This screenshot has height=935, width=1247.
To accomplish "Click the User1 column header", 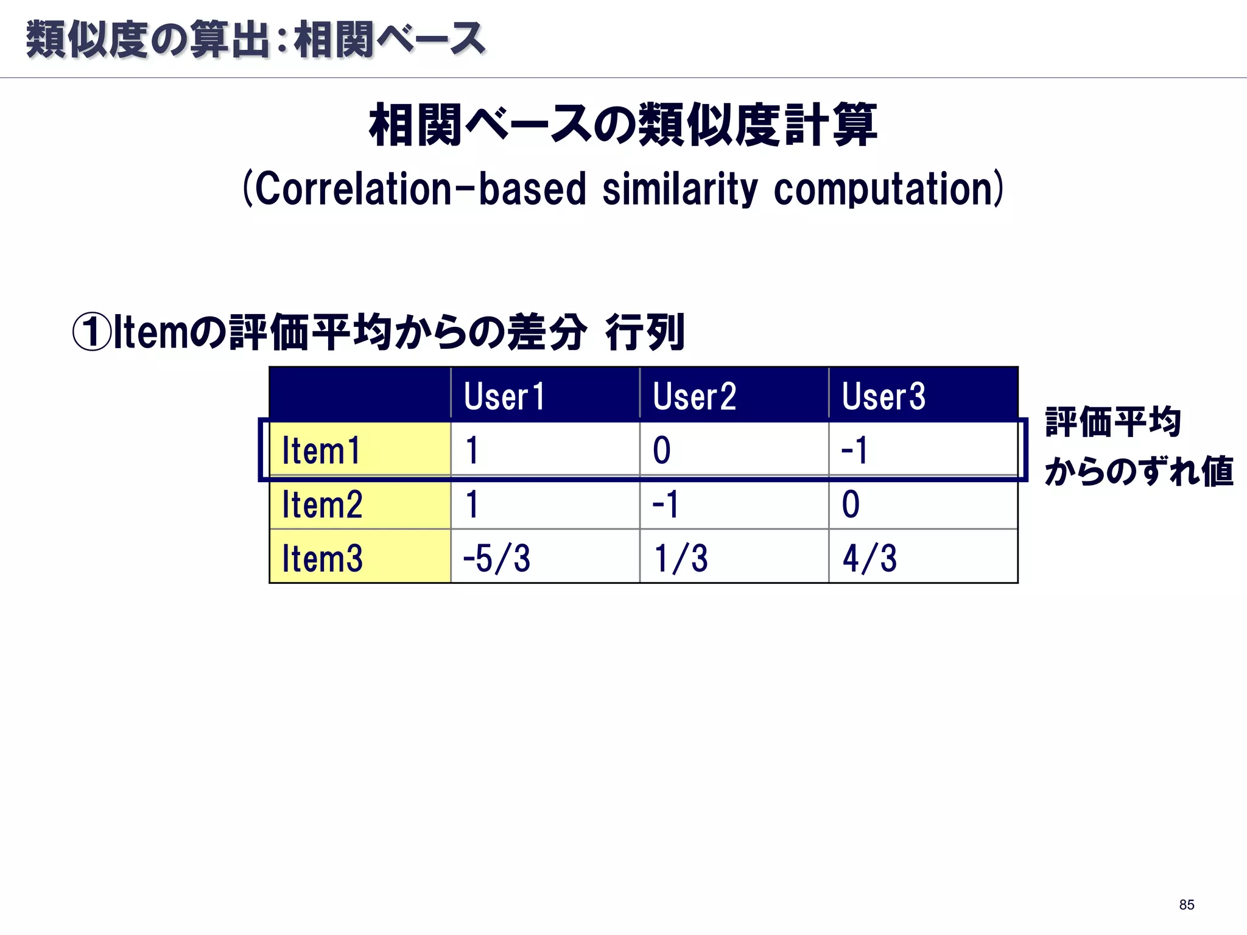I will (504, 396).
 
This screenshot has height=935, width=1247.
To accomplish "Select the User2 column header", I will (694, 396).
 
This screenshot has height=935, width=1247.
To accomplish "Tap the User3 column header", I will (883, 396).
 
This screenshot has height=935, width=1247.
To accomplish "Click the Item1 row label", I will (321, 451).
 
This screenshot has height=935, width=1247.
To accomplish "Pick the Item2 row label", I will (322, 505).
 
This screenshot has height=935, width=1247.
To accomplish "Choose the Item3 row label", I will (322, 558).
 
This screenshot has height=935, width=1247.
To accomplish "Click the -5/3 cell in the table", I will (497, 558).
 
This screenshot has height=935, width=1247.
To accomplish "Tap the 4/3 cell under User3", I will (869, 558).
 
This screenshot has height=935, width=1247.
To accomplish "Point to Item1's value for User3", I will (854, 451).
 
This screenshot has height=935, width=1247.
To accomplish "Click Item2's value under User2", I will (665, 505).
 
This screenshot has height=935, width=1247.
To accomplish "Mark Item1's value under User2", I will (662, 451).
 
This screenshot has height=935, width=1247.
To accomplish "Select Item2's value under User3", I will (851, 505).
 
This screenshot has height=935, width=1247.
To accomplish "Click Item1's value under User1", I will (472, 451).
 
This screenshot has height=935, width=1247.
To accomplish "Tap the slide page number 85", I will (1186, 905).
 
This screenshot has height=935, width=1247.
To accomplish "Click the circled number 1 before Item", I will (92, 332).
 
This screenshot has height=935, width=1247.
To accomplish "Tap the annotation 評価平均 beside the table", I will (1113, 422).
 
